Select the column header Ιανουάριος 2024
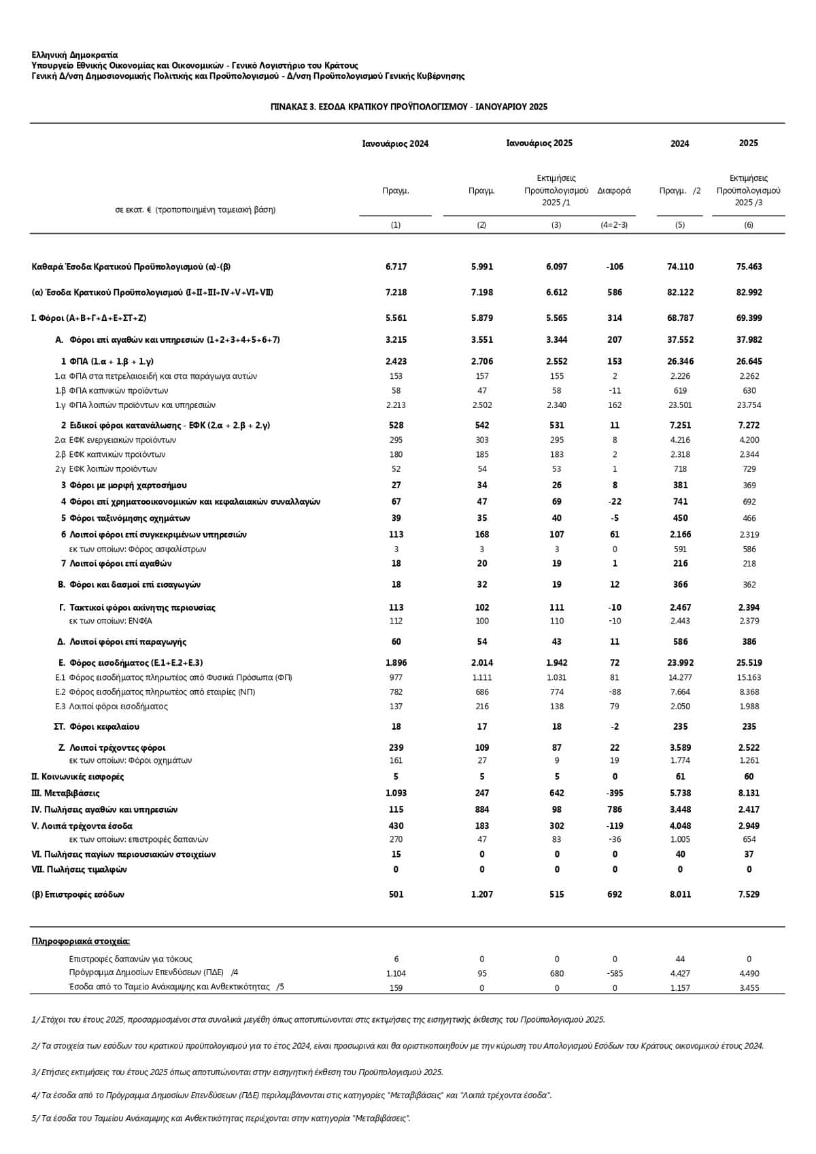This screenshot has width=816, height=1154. coord(395,143)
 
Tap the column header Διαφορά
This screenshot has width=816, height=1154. coord(614,190)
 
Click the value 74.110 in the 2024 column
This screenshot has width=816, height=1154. coord(680,267)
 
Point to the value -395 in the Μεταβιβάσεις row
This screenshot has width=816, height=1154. coord(615,793)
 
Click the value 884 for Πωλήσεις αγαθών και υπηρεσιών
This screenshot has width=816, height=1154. coord(481,809)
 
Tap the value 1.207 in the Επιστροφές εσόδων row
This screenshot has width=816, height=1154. coord(481,894)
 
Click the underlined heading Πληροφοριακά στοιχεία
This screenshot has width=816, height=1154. coord(81,941)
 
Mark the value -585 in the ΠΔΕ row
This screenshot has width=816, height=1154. coord(615,973)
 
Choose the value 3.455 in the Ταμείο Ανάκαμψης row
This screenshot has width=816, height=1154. coord(749,987)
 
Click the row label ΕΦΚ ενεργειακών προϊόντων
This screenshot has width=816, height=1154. coord(122,440)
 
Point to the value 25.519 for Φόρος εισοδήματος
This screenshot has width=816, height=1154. coord(749,662)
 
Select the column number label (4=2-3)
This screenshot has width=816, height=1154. coord(614,224)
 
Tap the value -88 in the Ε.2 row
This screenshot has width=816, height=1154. coord(615,692)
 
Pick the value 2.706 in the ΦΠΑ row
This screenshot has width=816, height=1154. coord(481,361)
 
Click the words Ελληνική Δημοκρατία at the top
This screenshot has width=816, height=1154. coord(75,55)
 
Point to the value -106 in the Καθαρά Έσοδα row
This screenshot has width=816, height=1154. coord(615,267)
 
